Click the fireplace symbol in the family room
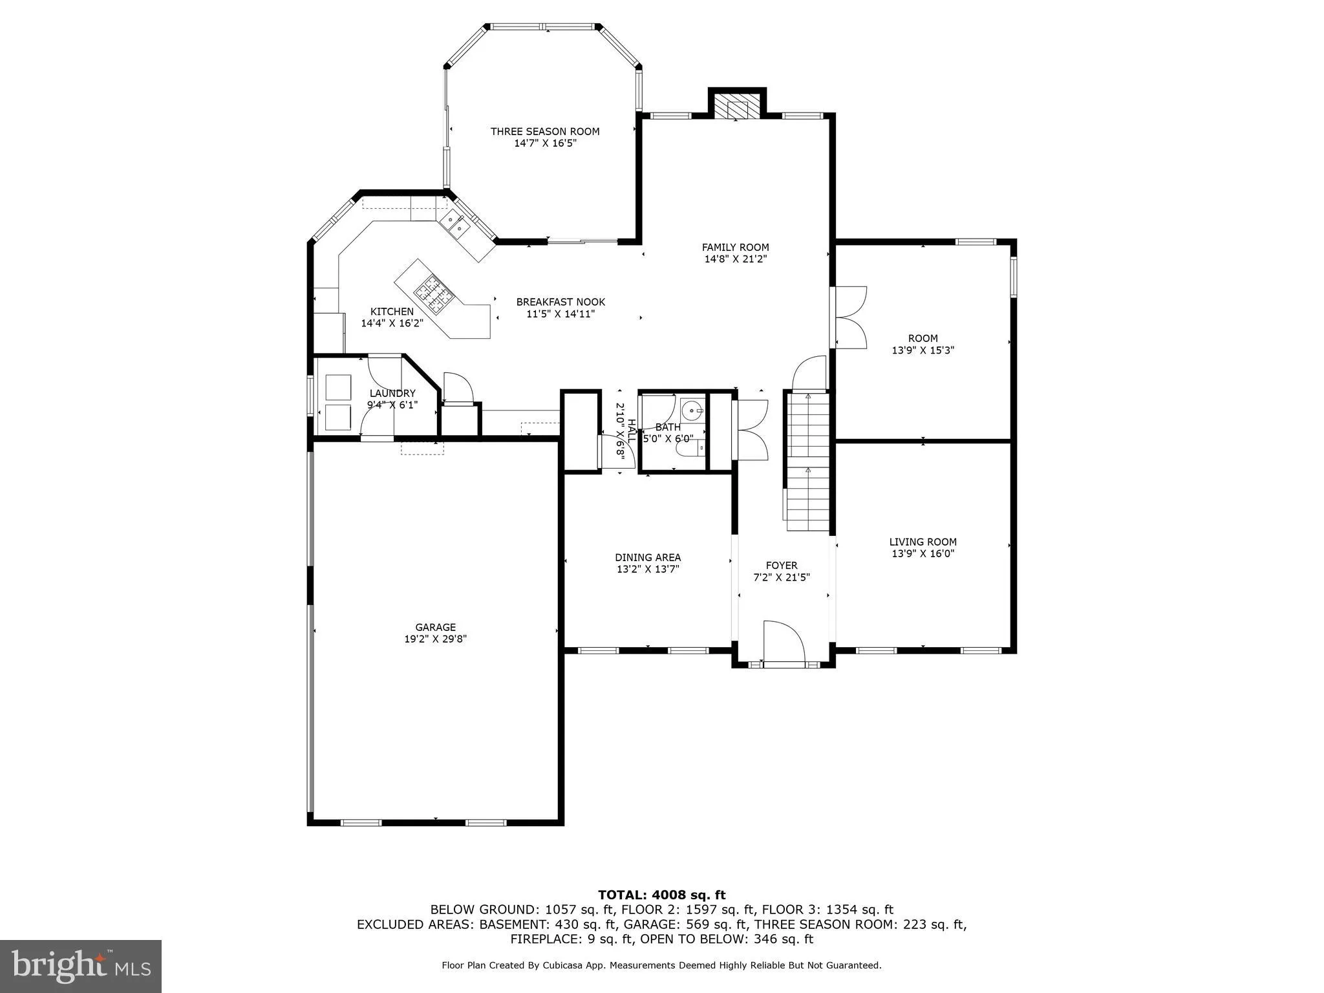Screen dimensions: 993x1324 pos(737,109)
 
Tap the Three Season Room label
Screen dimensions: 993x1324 pos(545,131)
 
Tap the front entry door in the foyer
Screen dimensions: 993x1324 pos(783,643)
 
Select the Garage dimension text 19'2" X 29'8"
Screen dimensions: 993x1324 pos(435,639)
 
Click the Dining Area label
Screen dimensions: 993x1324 pos(647,557)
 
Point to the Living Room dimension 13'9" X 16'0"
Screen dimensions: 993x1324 pos(923,553)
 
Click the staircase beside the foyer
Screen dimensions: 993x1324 pos(807,460)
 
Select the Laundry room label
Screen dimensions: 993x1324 pos(392,393)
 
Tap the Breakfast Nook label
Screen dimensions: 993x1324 pos(561,302)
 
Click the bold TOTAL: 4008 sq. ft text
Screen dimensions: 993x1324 pos(661,895)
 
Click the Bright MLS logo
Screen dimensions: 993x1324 pos(81,966)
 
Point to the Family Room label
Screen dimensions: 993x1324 pos(735,247)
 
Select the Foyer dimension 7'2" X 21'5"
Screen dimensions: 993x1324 pos(782,577)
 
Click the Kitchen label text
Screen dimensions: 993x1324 pos(392,312)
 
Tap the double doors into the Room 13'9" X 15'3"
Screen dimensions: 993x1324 pos(849,317)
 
